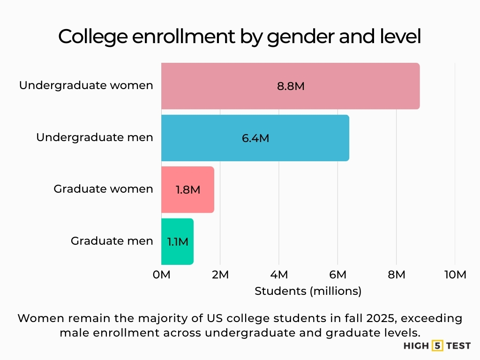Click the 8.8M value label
point(291,87)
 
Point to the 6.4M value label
point(255,138)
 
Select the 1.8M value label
point(188,190)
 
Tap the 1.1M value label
point(178,242)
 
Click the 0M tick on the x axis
point(162,275)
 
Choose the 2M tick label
point(220,275)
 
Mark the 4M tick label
point(279,275)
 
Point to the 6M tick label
point(337,275)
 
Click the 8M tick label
point(396,275)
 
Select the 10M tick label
point(454,275)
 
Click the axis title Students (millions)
point(308,291)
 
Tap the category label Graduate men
point(112,241)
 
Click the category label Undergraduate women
point(86,85)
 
